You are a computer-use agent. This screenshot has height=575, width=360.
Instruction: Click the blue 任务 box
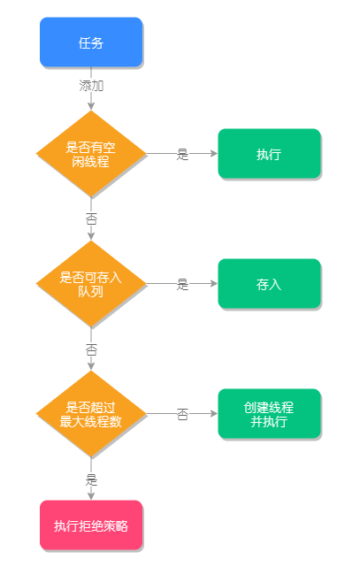coord(91,42)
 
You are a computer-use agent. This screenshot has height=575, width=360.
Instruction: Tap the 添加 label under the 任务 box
coord(91,86)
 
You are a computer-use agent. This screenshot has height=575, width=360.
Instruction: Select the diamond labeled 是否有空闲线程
coord(91,154)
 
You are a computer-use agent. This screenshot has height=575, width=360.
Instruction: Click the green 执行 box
coord(269,154)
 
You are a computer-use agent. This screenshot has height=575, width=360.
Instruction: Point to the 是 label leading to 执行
coord(182,154)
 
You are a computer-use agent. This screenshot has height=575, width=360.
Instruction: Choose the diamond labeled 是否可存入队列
coord(91,284)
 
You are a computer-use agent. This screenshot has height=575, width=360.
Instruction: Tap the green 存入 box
coord(269,284)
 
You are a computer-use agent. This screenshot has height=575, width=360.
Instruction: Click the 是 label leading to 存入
coord(182,284)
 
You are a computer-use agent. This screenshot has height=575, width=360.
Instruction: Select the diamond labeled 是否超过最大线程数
coord(91,414)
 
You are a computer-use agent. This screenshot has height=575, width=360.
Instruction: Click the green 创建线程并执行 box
coord(269,414)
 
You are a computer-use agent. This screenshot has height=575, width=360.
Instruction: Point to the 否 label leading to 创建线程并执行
coord(182,414)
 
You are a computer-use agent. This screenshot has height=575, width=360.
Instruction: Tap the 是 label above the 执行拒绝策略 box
coord(91,480)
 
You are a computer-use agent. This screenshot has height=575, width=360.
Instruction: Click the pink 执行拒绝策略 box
coord(91,525)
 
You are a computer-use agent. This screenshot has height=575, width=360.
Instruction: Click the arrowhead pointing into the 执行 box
coord(213,154)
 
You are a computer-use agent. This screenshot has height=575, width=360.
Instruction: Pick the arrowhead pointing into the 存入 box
coord(213,284)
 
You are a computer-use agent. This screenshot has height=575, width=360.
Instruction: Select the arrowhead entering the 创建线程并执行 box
coord(213,414)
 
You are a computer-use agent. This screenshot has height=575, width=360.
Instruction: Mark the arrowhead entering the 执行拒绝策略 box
coord(91,496)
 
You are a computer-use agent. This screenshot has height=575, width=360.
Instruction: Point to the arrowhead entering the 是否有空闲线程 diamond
coord(91,106)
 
